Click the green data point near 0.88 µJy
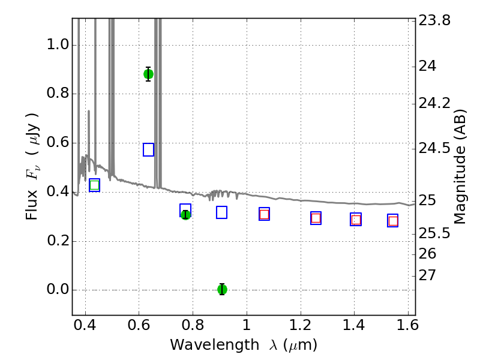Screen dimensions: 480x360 click(x=148, y=74)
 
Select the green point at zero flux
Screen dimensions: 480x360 click(x=222, y=289)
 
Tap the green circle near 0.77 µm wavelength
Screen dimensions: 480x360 click(x=185, y=215)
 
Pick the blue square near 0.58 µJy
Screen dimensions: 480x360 click(x=148, y=149)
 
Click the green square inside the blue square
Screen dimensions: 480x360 click(x=95, y=185)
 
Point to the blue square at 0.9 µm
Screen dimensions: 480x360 click(x=221, y=212)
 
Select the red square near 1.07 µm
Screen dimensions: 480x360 click(x=264, y=214)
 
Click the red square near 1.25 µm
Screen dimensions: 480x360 click(x=316, y=218)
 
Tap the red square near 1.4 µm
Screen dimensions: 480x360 click(x=356, y=220)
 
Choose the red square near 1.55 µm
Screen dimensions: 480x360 click(x=393, y=221)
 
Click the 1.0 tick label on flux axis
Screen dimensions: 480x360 click(x=58, y=44)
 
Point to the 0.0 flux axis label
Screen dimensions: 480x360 click(x=58, y=289)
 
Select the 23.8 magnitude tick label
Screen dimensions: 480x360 click(x=434, y=20)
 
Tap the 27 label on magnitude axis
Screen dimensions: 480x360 click(x=427, y=275)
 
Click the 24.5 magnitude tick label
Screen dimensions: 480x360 click(x=434, y=148)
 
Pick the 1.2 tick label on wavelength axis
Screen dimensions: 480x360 click(x=301, y=325)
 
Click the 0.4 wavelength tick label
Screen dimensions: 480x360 click(x=85, y=325)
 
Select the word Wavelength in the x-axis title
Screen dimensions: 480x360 click(x=215, y=345)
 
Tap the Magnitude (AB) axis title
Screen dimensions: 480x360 click(x=459, y=167)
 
